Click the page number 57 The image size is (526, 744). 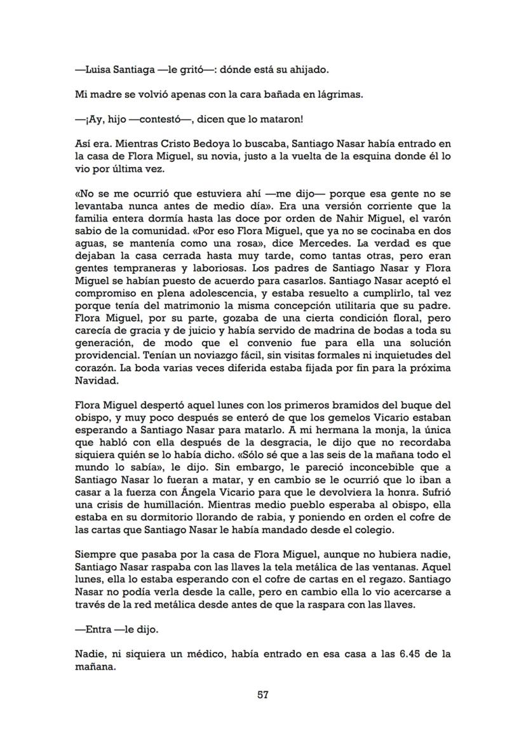point(263,694)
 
